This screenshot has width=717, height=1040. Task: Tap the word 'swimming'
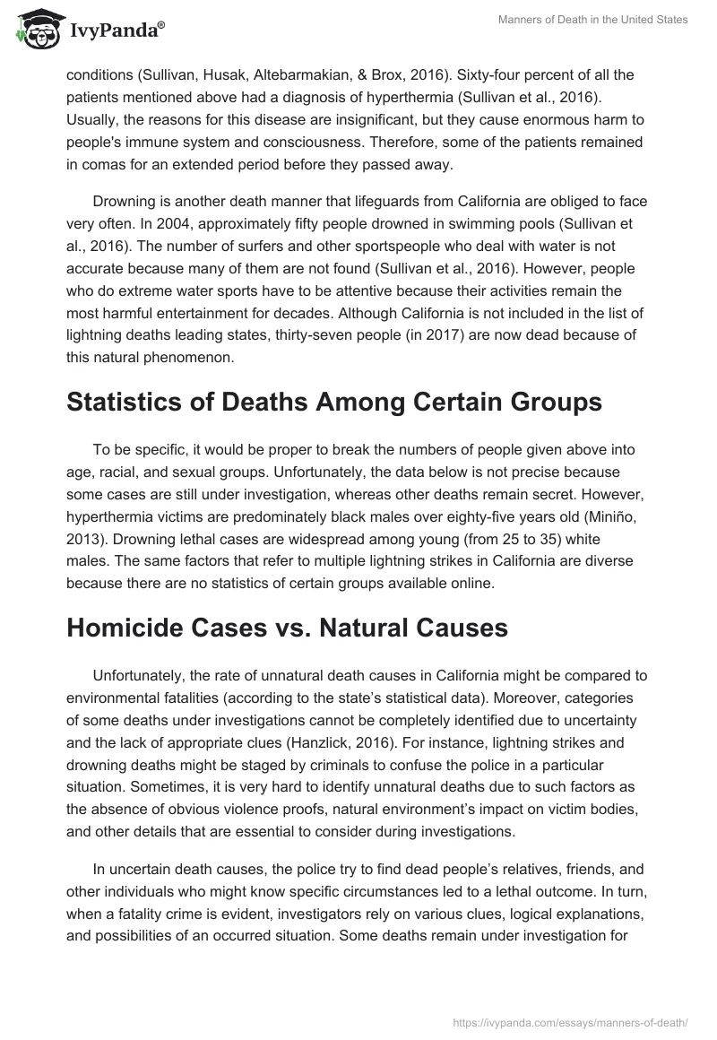pyautogui.click(x=444, y=230)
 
